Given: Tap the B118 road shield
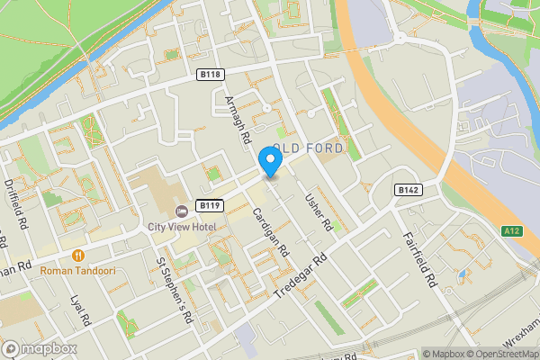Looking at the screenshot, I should pyautogui.click(x=211, y=75).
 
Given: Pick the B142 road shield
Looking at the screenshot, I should pyautogui.click(x=408, y=190).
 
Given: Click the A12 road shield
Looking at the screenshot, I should pyautogui.click(x=512, y=231).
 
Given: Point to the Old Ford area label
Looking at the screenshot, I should pyautogui.click(x=302, y=148).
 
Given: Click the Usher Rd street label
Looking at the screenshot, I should pyautogui.click(x=319, y=212).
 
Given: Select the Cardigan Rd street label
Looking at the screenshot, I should pyautogui.click(x=269, y=229).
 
